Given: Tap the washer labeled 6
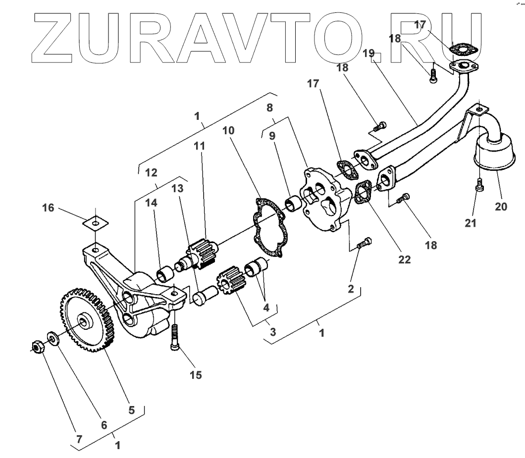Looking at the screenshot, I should tap(52, 338).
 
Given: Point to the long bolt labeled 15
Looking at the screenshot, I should tap(175, 337).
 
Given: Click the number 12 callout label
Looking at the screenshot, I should tap(151, 172).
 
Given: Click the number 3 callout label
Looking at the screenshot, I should tap(272, 332).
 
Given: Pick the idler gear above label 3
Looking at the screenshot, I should tap(231, 284).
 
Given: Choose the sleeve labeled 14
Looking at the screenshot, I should tap(165, 273).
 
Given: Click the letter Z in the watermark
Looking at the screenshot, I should tap(55, 38).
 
